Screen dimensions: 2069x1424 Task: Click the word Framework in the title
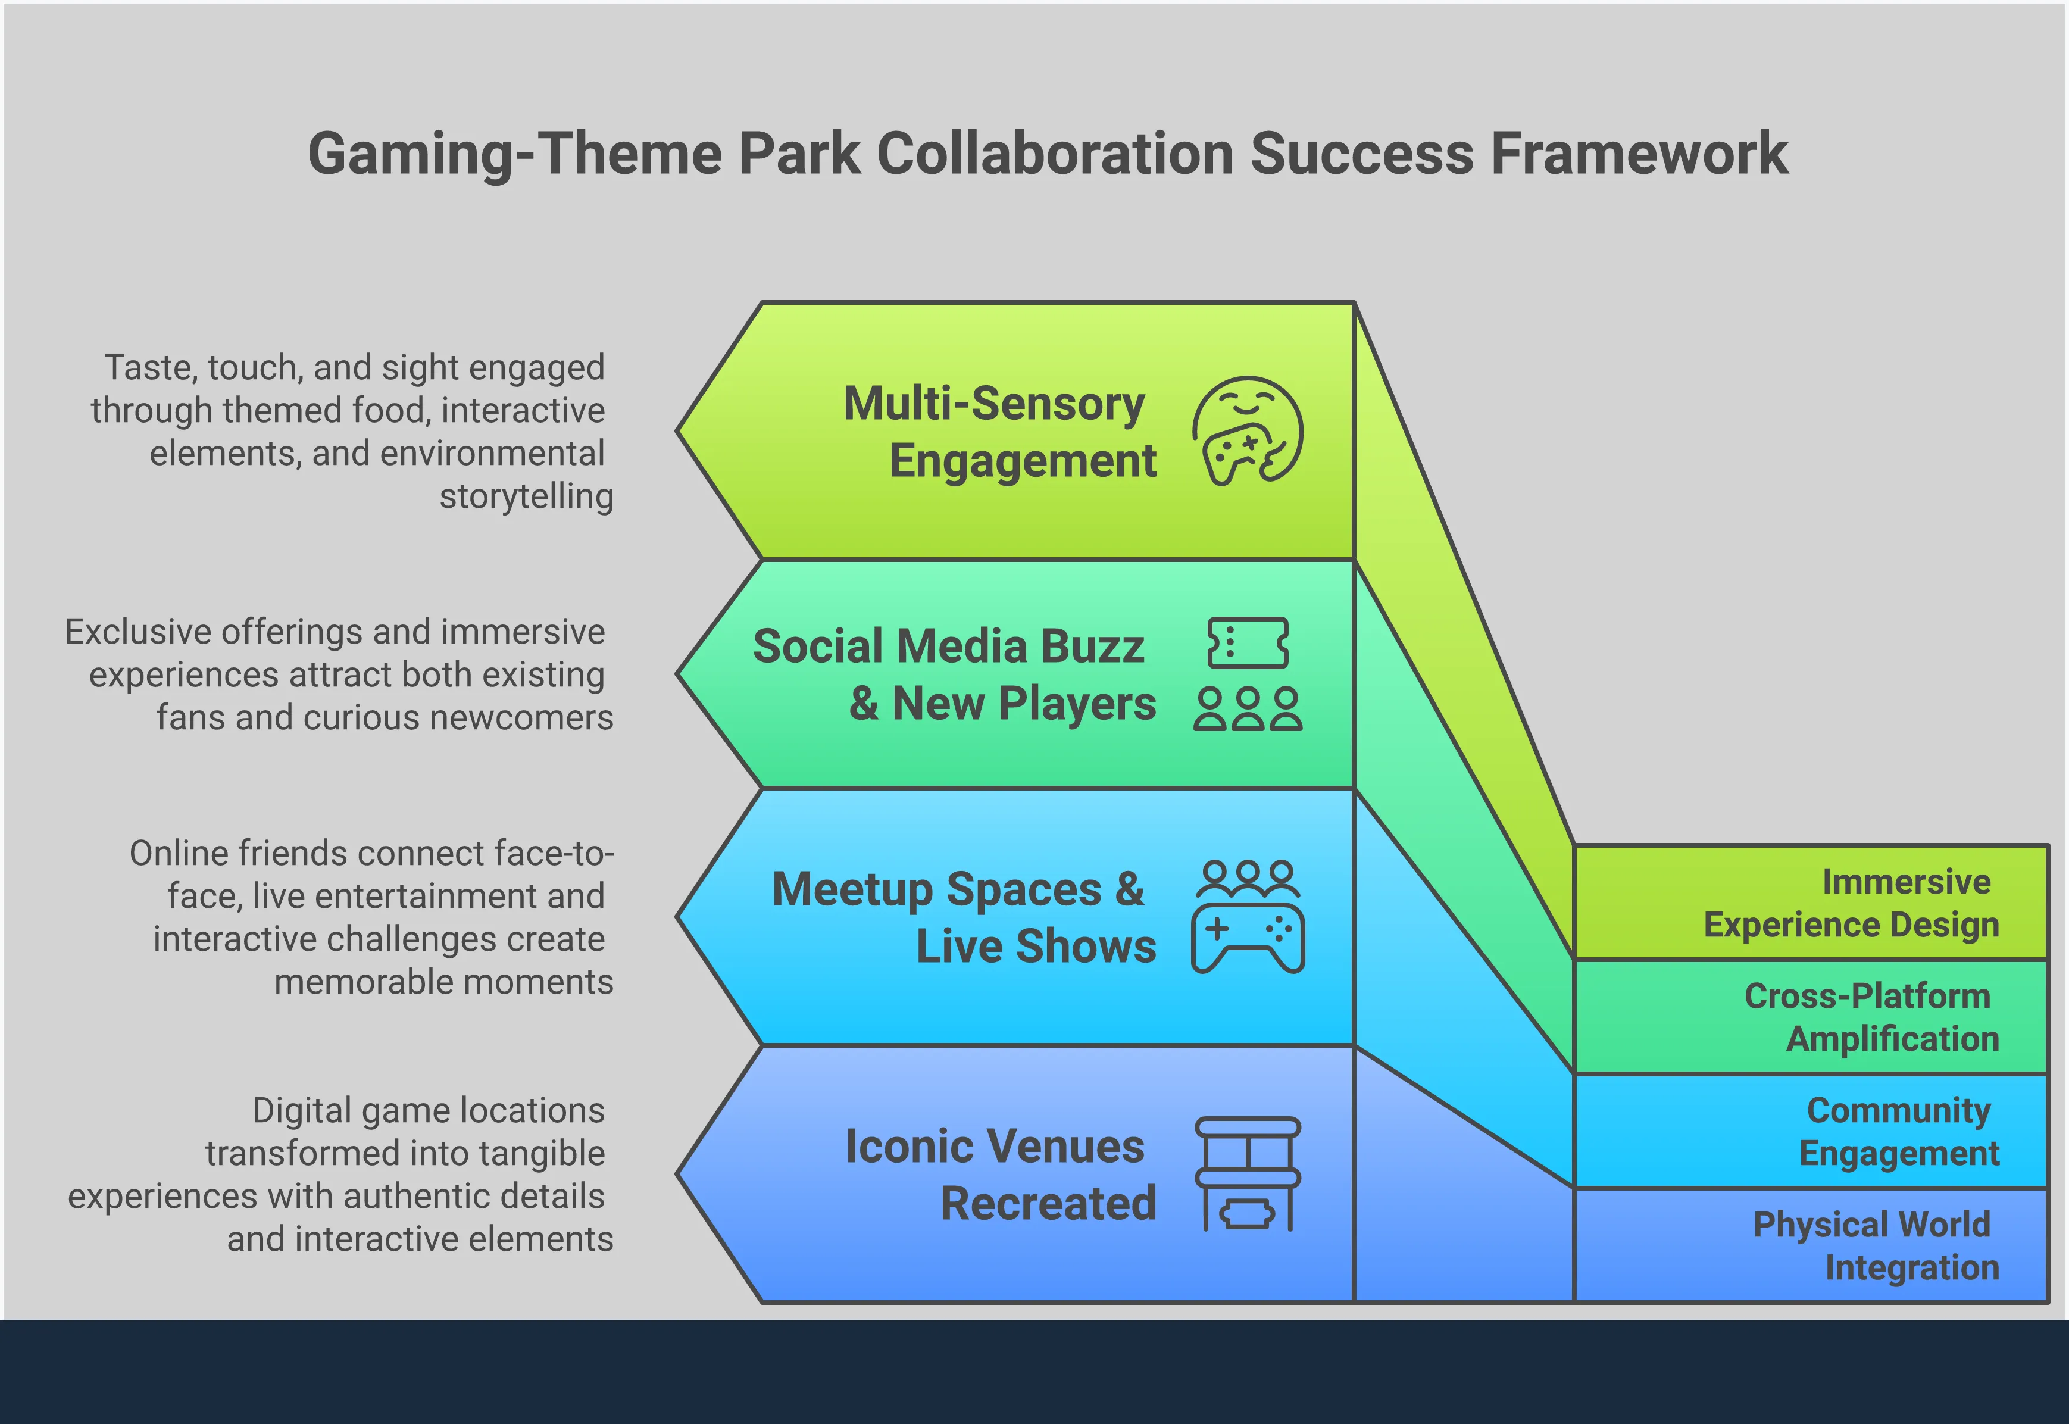click(1639, 154)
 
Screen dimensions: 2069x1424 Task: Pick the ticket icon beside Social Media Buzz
click(1247, 642)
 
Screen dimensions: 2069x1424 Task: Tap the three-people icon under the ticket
click(1247, 710)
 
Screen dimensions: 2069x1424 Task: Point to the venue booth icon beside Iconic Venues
click(1247, 1174)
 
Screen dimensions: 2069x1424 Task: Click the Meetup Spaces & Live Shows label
click(964, 917)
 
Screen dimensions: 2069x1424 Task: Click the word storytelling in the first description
click(526, 496)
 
